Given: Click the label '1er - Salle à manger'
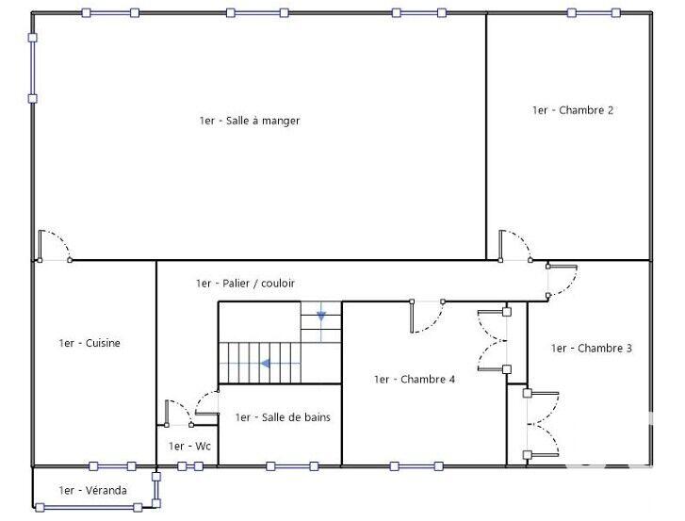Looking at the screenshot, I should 250,121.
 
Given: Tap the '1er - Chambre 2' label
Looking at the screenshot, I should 573,110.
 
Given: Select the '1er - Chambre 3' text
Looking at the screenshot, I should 592,349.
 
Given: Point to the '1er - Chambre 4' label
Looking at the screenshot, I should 415,380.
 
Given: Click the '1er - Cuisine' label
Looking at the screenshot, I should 90,344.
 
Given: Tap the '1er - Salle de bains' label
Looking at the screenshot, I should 283,417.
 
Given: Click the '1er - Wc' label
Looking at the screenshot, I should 189,447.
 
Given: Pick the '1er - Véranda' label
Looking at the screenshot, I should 92,490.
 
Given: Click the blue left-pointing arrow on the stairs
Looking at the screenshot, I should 267,363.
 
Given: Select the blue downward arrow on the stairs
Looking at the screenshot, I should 321,315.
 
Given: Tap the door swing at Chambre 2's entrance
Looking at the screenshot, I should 515,245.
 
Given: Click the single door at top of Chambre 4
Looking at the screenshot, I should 427,316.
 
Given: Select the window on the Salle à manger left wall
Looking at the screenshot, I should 33,68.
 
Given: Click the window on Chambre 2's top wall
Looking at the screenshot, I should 594,12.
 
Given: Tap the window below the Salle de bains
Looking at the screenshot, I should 292,465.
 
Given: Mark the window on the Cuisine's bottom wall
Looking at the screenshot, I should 112,465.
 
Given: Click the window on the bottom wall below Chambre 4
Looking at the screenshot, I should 415,465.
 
